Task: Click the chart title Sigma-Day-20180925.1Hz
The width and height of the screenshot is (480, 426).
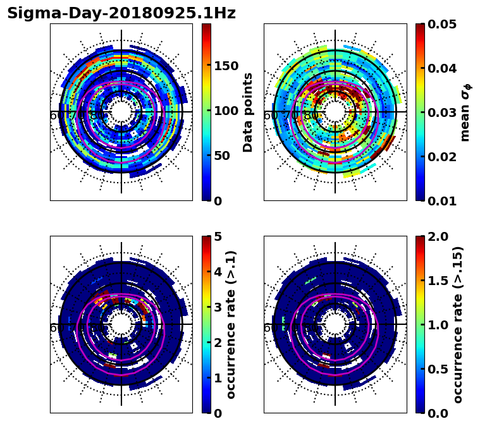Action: coord(121,13)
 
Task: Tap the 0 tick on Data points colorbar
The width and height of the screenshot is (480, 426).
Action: coord(218,201)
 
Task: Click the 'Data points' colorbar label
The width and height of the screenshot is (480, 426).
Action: coord(248,112)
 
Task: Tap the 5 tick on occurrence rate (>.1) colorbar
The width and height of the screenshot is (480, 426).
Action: coord(218,236)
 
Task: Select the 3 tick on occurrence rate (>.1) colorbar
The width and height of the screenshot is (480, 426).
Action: coord(218,307)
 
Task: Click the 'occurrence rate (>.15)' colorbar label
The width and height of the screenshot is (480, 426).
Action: coord(458,324)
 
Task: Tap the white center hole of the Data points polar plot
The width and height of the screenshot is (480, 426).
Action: coord(121,112)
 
